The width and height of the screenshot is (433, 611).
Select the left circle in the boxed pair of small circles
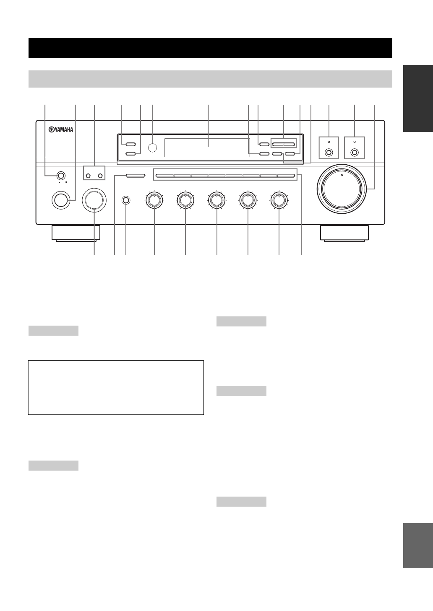pyautogui.click(x=89, y=175)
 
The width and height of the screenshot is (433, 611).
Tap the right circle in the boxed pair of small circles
pyautogui.click(x=100, y=175)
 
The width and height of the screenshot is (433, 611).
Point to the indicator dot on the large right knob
pyautogui.click(x=342, y=176)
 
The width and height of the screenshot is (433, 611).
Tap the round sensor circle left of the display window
pyautogui.click(x=153, y=147)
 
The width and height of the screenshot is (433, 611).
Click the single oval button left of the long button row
pyautogui.click(x=135, y=176)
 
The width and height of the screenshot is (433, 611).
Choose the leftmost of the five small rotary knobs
pyautogui.click(x=154, y=201)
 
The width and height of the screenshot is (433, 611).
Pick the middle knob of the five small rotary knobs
pyautogui.click(x=216, y=201)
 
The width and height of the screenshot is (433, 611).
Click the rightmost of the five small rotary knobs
pyautogui.click(x=279, y=201)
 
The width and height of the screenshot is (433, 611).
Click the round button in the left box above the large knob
pyautogui.click(x=329, y=153)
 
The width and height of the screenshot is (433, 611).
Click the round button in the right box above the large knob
pyautogui.click(x=355, y=153)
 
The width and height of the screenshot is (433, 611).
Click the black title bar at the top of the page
pyautogui.click(x=210, y=48)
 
